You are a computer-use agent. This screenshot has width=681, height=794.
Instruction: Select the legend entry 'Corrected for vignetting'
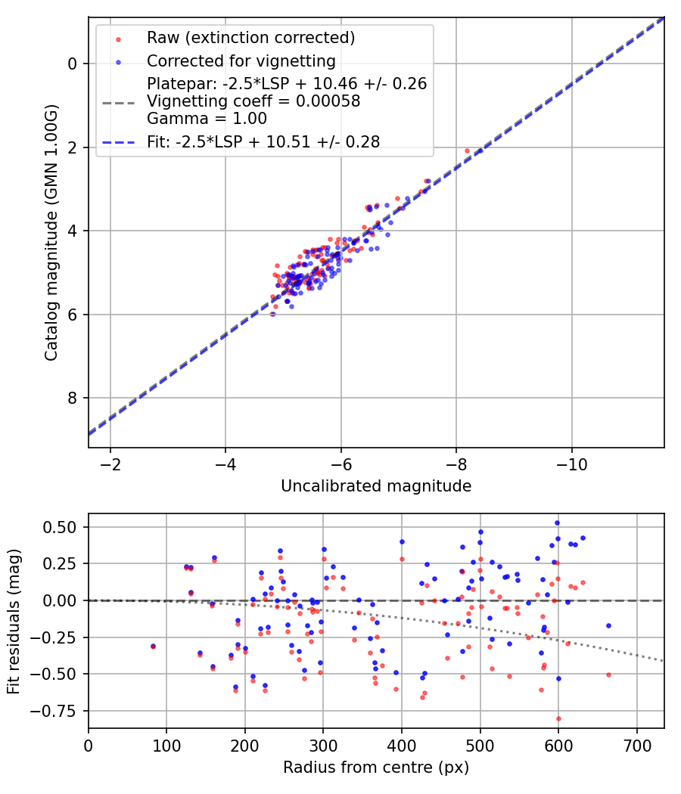point(241,60)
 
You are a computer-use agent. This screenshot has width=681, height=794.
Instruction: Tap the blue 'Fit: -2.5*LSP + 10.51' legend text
point(263,141)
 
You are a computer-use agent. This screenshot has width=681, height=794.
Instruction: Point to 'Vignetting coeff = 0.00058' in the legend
point(253,101)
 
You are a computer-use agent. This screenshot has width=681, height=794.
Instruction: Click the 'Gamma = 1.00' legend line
point(207,118)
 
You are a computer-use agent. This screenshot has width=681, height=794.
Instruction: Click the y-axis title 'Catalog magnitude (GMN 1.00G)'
point(51,232)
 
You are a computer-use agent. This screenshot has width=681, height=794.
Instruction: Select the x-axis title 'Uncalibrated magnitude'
point(376,486)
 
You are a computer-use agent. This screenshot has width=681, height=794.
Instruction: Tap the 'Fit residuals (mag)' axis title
point(13,620)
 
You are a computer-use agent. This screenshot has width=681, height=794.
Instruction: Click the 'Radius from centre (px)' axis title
point(376,768)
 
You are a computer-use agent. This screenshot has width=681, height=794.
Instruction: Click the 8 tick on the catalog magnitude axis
point(73,398)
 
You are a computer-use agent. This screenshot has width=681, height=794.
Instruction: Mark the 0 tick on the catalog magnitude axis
point(73,64)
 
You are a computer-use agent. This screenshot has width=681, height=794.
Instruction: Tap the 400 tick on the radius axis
point(402,744)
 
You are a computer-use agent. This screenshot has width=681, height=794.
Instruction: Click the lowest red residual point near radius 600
point(558,718)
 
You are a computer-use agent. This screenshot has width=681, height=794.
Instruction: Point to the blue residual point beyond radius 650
point(608,625)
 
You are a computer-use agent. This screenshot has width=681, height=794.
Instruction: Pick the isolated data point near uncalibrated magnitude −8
point(467,150)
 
